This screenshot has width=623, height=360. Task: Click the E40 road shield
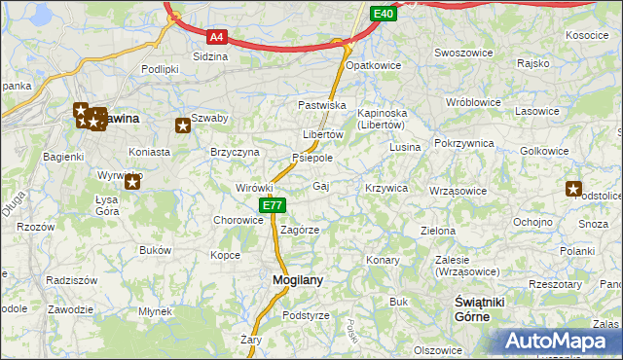(384, 14)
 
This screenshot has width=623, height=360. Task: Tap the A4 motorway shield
(217, 38)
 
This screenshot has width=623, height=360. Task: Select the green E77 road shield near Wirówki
(273, 205)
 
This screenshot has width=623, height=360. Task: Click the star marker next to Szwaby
(182, 125)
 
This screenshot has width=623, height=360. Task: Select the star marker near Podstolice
(573, 189)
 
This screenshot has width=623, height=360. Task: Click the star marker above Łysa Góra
(133, 179)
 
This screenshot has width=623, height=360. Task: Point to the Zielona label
(437, 232)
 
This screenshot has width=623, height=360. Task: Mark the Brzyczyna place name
(235, 152)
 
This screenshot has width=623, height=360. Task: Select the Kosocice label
(586, 35)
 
